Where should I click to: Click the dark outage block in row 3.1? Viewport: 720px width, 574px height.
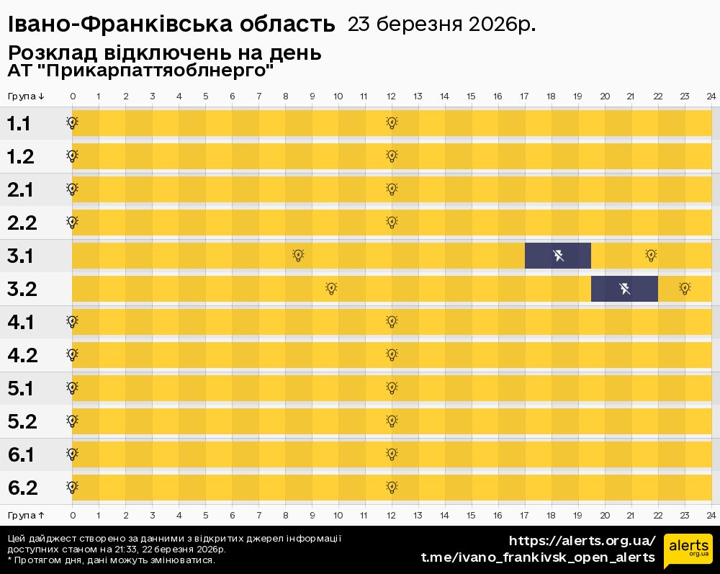558,256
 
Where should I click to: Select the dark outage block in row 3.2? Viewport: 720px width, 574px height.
624,289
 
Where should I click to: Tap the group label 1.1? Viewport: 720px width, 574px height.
19,124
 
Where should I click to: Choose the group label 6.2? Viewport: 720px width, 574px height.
22,488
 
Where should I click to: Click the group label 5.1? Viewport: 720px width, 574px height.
20,388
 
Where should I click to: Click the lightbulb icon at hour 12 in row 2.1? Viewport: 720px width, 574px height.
392,189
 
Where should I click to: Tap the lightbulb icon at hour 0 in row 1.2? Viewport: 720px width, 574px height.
72,156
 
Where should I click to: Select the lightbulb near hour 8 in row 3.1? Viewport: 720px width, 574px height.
298,255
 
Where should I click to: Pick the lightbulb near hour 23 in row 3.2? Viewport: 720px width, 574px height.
685,288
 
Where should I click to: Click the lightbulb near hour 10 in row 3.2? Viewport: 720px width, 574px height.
331,288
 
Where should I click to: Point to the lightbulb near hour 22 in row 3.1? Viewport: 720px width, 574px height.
651,255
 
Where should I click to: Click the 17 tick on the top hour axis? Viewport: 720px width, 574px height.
524,97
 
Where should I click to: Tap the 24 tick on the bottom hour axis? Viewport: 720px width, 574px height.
711,516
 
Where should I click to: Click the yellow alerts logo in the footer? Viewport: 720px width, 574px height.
688,551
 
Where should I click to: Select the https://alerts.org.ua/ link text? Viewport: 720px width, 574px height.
582,541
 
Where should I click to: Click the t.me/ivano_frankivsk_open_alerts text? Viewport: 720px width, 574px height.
538,557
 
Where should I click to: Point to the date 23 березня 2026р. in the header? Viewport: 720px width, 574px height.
441,24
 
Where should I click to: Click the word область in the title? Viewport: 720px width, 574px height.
292,24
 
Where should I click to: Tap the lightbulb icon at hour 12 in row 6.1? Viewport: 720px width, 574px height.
392,454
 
